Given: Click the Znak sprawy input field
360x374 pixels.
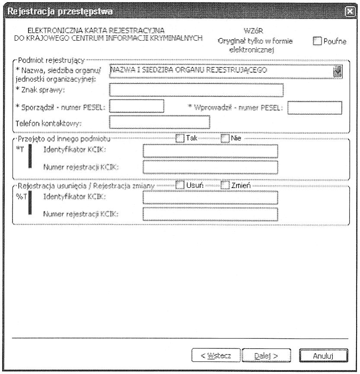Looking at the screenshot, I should [x=197, y=90].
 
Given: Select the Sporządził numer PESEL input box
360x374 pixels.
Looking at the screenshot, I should [x=137, y=106].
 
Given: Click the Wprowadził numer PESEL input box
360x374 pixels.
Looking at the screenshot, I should [x=315, y=107].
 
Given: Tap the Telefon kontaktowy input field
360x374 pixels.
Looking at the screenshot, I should [x=160, y=122].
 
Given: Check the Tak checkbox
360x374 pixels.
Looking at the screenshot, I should [x=180, y=138].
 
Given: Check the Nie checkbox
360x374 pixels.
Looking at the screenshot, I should [x=225, y=138].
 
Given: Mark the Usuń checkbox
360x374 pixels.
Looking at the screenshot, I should [x=180, y=185].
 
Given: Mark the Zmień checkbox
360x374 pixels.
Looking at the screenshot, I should [x=225, y=185].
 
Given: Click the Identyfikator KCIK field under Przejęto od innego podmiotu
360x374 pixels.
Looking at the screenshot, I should [x=210, y=151].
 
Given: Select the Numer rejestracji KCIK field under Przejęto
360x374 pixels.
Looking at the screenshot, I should [x=210, y=167].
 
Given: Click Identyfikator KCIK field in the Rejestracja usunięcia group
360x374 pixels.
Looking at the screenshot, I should [x=210, y=198].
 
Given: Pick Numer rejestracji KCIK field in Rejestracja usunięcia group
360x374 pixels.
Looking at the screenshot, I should [x=210, y=214].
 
